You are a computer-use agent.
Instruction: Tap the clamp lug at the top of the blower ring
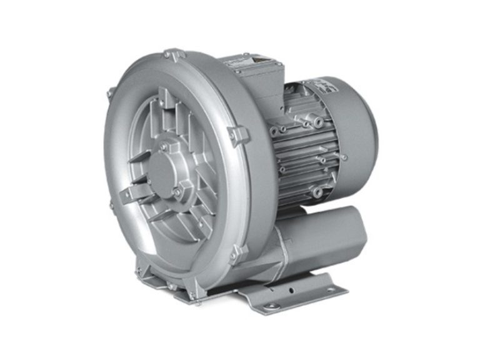tap(173, 57)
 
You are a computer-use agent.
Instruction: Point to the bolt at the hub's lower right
tap(179, 191)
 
